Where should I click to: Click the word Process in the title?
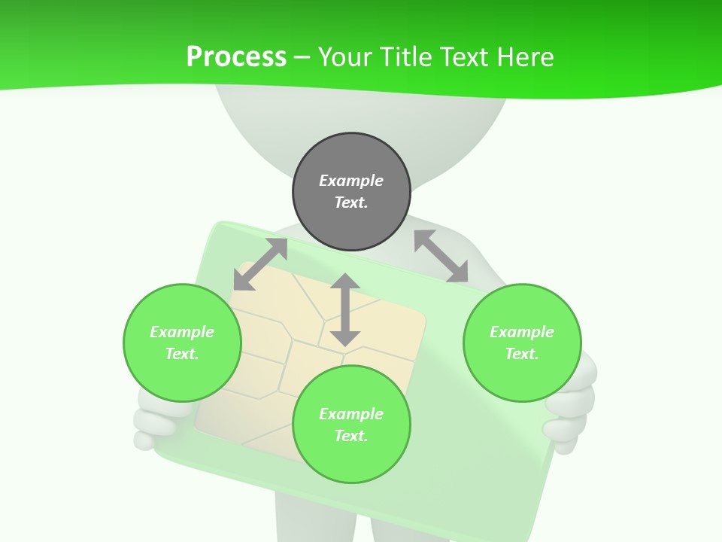click(x=236, y=57)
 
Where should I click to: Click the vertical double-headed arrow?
click(x=345, y=309)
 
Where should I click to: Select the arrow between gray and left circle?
click(x=260, y=264)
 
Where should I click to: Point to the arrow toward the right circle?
click(x=441, y=256)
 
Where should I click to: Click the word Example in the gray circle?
click(x=351, y=181)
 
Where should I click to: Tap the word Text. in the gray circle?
click(x=351, y=202)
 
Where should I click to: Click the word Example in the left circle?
click(x=182, y=332)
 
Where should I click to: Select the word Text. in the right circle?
click(x=522, y=354)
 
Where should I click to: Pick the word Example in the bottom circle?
click(x=351, y=414)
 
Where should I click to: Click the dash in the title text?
click(x=302, y=57)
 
